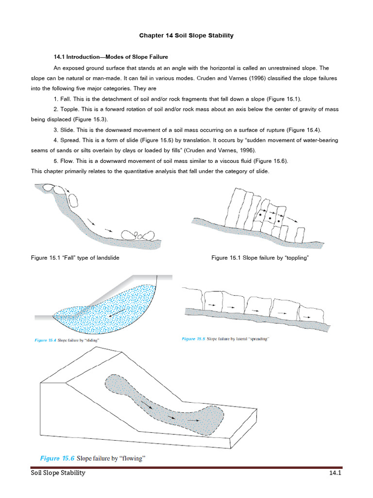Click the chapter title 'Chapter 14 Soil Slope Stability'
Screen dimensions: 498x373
[186, 36]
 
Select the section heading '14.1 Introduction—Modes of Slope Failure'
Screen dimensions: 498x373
[111, 57]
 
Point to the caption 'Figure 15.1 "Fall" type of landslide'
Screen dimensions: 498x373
[75, 258]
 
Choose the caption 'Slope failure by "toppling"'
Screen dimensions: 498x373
[276, 258]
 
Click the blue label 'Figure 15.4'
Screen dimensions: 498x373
[45, 340]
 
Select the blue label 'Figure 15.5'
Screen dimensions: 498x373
[193, 338]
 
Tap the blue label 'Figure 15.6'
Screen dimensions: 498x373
[56, 458]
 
